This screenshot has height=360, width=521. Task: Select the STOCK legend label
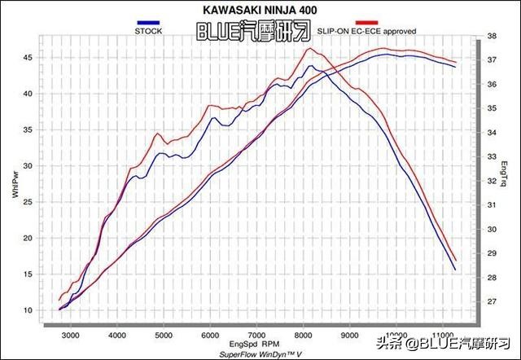click(147, 31)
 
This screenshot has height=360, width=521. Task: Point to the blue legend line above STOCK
click(147, 23)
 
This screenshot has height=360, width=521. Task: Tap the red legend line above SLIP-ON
click(366, 23)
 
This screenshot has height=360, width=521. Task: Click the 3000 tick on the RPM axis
click(71, 336)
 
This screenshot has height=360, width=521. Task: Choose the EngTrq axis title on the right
click(505, 171)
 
